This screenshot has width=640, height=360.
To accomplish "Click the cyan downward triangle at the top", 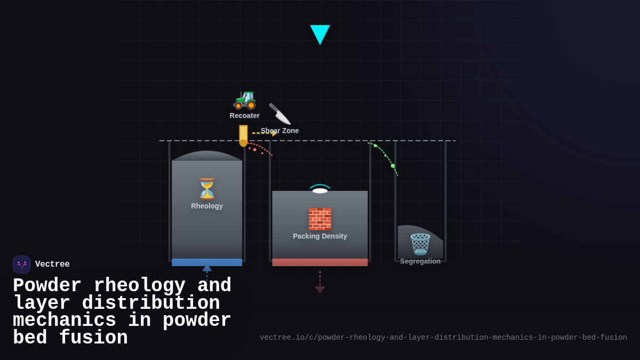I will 320,34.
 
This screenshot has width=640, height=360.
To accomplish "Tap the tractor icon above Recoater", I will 245,100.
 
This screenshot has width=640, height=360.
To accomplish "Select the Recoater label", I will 245,116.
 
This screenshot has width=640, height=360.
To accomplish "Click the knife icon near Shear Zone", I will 279,114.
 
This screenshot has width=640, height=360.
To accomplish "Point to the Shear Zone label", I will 280,131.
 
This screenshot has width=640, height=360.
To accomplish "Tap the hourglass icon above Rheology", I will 207,189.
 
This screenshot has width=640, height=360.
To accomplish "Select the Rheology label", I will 207,206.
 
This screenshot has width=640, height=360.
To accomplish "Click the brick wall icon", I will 320,219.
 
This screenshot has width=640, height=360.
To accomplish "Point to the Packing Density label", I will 320,236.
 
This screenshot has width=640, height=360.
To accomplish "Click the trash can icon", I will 420,244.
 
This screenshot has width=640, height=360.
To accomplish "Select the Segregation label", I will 420,261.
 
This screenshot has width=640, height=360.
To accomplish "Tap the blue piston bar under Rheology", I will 207,262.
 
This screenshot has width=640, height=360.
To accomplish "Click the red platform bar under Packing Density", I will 320,262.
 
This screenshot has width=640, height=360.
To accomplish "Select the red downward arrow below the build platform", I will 320,289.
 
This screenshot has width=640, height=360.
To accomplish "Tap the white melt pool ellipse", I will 320,190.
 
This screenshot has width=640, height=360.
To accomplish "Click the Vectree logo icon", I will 22,265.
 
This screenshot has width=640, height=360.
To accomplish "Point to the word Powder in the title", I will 47,286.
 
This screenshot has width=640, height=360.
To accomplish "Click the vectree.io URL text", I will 443,338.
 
